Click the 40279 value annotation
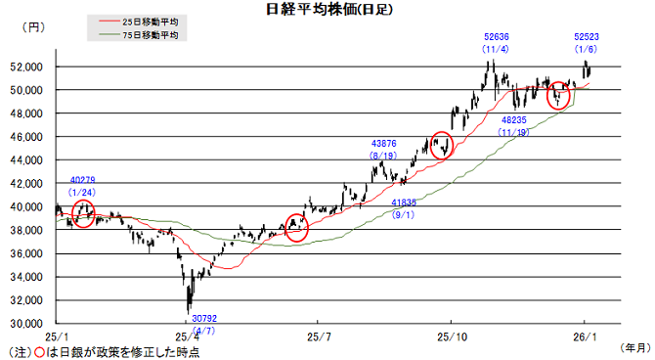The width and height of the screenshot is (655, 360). click(83, 180)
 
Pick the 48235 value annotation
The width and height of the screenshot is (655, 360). click(513, 121)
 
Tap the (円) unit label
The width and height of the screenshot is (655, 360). click(33, 29)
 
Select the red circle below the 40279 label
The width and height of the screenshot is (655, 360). click(83, 215)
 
